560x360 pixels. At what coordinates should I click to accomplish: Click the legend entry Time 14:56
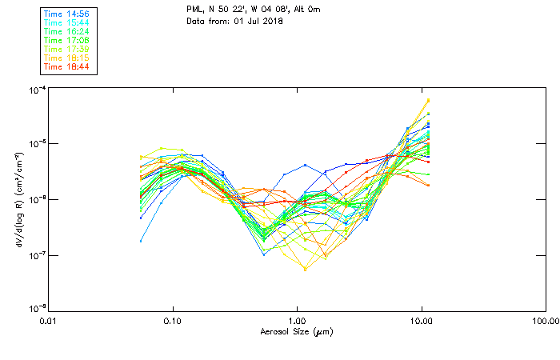[67, 13]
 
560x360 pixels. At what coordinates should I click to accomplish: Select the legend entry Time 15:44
[67, 22]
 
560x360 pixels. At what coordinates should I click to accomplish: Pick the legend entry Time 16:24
[67, 30]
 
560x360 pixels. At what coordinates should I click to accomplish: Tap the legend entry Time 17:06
[67, 40]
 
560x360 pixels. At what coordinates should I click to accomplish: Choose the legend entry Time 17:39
[67, 49]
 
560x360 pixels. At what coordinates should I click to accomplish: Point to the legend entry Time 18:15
[67, 58]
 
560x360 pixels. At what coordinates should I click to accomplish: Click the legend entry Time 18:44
[67, 67]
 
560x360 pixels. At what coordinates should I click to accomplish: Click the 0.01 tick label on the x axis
[49, 320]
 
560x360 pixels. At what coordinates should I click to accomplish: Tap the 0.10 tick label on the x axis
[173, 320]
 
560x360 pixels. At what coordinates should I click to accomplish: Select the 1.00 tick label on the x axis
[297, 320]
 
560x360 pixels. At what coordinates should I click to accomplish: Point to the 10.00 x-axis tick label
[422, 320]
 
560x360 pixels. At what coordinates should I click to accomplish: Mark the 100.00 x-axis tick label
[546, 320]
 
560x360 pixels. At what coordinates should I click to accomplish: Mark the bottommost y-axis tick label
[35, 308]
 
